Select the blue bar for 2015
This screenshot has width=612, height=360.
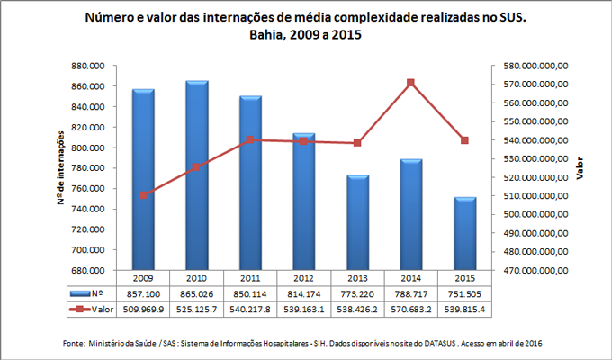[464, 233]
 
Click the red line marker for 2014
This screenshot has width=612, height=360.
[410, 83]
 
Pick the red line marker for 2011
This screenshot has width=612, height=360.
[250, 139]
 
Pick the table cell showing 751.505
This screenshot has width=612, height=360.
[464, 294]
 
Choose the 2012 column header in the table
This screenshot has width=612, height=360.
[303, 278]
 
